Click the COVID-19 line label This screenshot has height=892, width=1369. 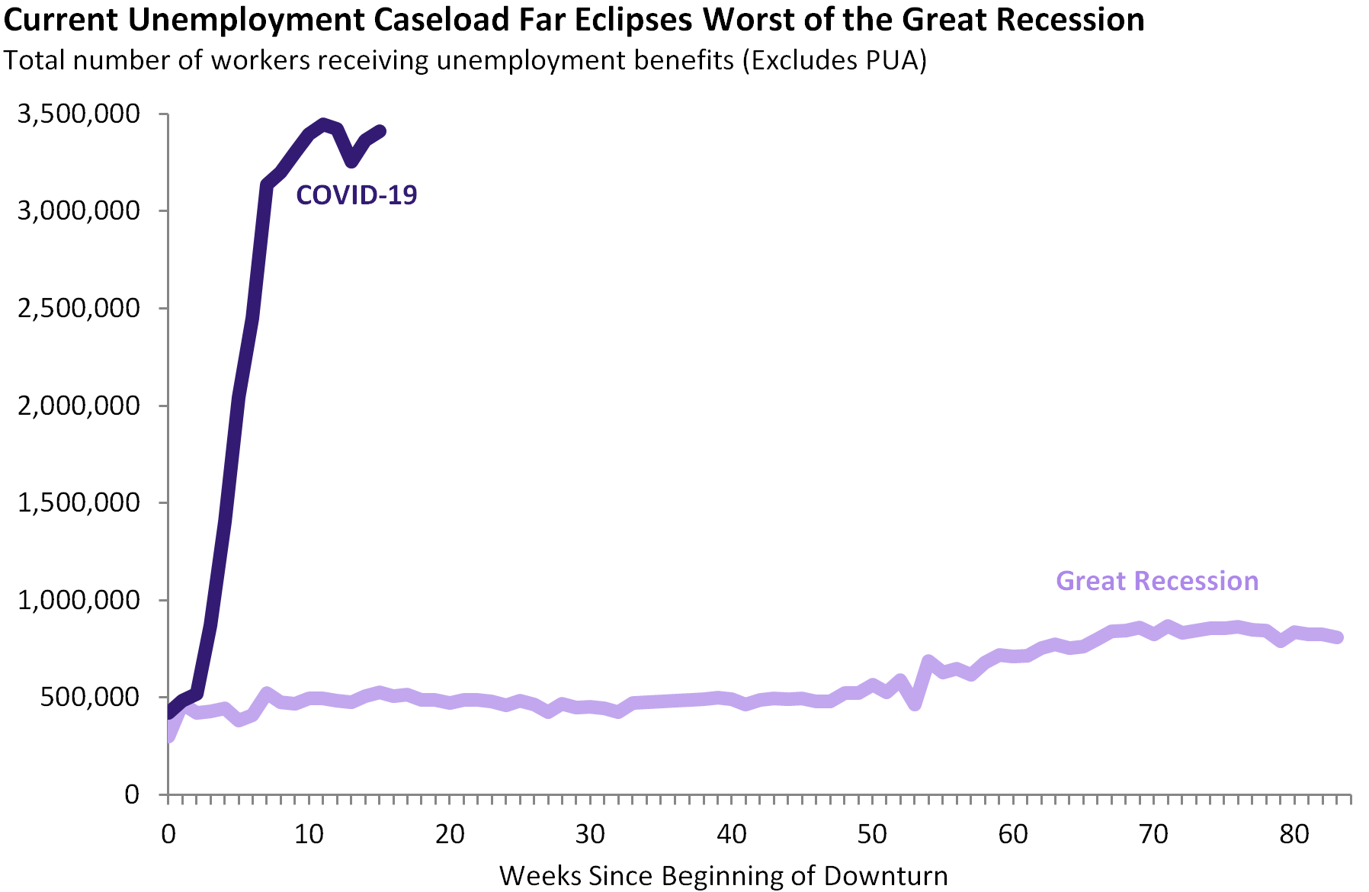point(356,195)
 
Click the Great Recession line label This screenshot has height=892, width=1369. point(1156,581)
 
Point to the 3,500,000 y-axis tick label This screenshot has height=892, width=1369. point(79,114)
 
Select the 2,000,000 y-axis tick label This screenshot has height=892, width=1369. point(79,406)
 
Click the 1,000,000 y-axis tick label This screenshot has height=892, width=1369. point(79,600)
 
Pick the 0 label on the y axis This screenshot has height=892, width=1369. point(132,795)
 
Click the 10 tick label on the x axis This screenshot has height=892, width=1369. point(309,835)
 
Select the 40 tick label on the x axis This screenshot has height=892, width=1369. point(731,835)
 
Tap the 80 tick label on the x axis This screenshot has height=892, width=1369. point(1294,835)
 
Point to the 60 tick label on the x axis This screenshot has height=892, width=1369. point(1013,835)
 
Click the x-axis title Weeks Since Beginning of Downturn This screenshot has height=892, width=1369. point(723,876)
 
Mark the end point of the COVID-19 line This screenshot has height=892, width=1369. point(381,131)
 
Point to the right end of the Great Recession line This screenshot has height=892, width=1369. point(1338,637)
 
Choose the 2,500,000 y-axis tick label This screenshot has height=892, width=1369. point(79,309)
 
